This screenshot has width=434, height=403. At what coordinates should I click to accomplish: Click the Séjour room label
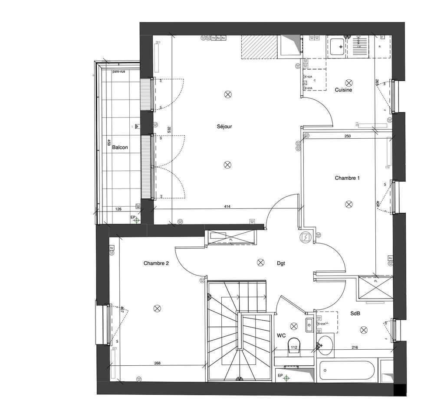point(225,127)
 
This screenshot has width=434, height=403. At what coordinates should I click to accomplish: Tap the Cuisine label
point(343,90)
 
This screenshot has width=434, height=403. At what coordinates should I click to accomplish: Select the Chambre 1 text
point(347,178)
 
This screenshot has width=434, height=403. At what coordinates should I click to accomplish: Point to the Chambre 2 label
point(156,263)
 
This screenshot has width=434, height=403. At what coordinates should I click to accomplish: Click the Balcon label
point(120,147)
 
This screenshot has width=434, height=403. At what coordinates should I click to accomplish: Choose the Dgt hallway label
point(281,263)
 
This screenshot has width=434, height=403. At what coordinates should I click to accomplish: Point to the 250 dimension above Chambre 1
point(347,136)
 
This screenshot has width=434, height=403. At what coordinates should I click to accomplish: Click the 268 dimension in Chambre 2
point(157,363)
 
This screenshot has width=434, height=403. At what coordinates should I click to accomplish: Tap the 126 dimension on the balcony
point(118,209)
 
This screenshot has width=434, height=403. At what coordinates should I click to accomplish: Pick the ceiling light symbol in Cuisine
point(349,82)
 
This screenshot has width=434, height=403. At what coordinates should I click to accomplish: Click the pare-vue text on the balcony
point(118,71)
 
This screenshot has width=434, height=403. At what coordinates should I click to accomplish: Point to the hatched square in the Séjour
point(259,47)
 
